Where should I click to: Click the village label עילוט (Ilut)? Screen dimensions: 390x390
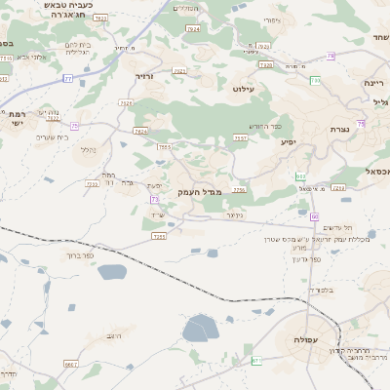click(x=244, y=89)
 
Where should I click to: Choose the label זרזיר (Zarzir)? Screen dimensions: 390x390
click(x=145, y=75)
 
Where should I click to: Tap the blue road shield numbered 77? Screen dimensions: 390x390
click(x=69, y=77)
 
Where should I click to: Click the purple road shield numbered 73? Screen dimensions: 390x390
click(x=154, y=200)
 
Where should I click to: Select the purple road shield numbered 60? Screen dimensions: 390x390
click(x=315, y=215)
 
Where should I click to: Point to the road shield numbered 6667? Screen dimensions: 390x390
click(x=71, y=363)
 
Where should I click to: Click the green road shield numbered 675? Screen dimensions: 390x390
click(x=257, y=362)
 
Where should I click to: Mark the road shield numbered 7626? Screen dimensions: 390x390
click(x=127, y=101)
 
